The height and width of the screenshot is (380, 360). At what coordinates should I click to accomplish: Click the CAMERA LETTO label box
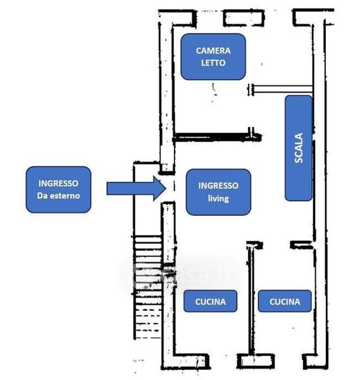pos(213,57)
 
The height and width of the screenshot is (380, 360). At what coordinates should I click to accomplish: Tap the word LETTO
pos(213,63)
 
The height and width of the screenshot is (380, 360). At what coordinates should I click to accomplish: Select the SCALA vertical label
pos(299,148)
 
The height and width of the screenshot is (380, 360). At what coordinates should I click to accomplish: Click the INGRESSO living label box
pos(218,192)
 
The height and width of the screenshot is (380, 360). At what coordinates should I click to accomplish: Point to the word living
pos(218,199)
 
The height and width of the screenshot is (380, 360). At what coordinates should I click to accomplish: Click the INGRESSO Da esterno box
pos(58,189)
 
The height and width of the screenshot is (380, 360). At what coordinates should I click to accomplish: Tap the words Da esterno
pos(58,196)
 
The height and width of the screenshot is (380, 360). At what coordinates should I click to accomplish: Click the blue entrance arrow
pos(136,189)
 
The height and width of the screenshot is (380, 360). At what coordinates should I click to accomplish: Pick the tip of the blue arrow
pos(166,189)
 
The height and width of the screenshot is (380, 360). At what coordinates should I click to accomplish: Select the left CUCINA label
pos(211,301)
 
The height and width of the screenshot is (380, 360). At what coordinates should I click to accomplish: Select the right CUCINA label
pos(285,301)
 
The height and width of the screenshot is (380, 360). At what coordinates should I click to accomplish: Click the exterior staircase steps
pos(147,287)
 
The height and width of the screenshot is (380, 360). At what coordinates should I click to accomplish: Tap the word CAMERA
pos(213,51)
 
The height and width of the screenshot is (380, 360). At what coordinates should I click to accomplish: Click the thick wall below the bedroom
pos(217,137)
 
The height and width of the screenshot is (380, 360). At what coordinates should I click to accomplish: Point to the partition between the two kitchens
pos(251,300)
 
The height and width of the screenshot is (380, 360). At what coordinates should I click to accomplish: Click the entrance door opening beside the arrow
pos(173,188)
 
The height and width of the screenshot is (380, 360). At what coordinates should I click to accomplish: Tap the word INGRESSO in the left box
pos(58,183)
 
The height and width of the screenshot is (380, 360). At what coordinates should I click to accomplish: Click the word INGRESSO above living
pos(218,186)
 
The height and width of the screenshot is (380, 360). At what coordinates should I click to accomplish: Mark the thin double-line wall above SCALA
pos(281,89)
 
